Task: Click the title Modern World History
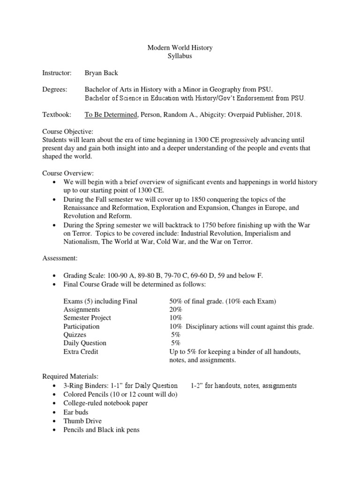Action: pos(180,48)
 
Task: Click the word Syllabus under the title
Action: pos(180,56)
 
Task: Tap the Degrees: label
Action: pos(55,90)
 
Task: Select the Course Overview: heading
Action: pos(68,173)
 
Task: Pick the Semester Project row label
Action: pos(87,318)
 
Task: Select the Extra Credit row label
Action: pos(81,352)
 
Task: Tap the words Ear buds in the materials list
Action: pos(75,412)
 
